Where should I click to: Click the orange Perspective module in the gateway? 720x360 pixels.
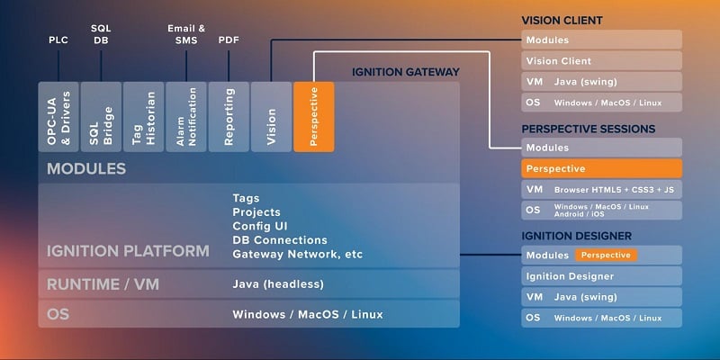point(313,117)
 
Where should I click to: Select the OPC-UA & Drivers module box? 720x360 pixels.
point(58,117)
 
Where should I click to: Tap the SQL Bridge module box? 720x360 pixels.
point(100,117)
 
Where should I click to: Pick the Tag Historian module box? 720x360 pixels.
point(143,117)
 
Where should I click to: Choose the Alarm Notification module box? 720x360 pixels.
point(185,117)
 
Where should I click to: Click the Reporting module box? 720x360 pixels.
point(229,117)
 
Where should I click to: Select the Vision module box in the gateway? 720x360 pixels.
point(271,117)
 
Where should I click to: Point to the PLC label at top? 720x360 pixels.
point(58,40)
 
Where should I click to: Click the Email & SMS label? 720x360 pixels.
point(186,34)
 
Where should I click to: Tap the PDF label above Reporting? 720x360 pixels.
point(229,40)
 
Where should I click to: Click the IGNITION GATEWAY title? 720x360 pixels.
point(406,72)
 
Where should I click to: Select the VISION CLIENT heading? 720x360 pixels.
point(562,20)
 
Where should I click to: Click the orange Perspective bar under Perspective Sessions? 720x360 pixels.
point(601,168)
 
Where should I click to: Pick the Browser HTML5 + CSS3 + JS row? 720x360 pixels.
point(601,189)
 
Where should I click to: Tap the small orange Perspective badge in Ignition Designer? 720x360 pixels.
point(606,255)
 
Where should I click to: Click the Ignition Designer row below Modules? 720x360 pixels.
point(601,276)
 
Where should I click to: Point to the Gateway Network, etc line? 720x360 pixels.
point(297,255)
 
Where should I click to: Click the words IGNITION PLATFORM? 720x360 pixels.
point(128,251)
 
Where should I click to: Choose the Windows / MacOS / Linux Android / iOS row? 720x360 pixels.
point(601,210)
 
